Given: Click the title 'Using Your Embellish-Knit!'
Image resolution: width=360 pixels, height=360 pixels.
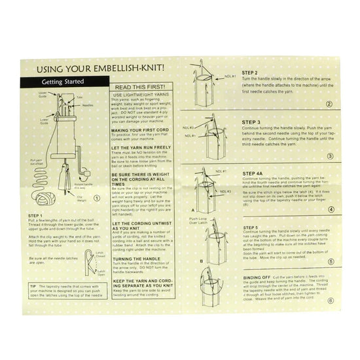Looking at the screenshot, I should click(99, 67).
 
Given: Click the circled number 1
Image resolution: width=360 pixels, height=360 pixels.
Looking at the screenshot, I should click(98, 199).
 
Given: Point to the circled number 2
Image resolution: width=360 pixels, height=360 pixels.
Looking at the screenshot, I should click(330, 103).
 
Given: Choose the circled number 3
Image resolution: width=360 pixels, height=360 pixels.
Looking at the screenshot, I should click(330, 156).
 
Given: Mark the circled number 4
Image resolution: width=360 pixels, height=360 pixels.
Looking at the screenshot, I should click(330, 209).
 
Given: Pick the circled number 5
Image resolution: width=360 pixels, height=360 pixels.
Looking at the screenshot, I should click(330, 262).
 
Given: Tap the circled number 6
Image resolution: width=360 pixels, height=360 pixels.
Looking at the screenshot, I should click(330, 300).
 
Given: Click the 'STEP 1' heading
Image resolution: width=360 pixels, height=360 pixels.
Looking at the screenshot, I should click(37, 215).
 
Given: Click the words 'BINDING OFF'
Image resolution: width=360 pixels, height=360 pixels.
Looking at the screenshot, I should click(258, 278).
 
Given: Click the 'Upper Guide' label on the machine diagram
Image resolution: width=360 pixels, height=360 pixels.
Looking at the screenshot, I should click(43, 95).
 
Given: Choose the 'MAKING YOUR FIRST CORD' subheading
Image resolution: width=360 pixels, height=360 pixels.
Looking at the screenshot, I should click(139, 130).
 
